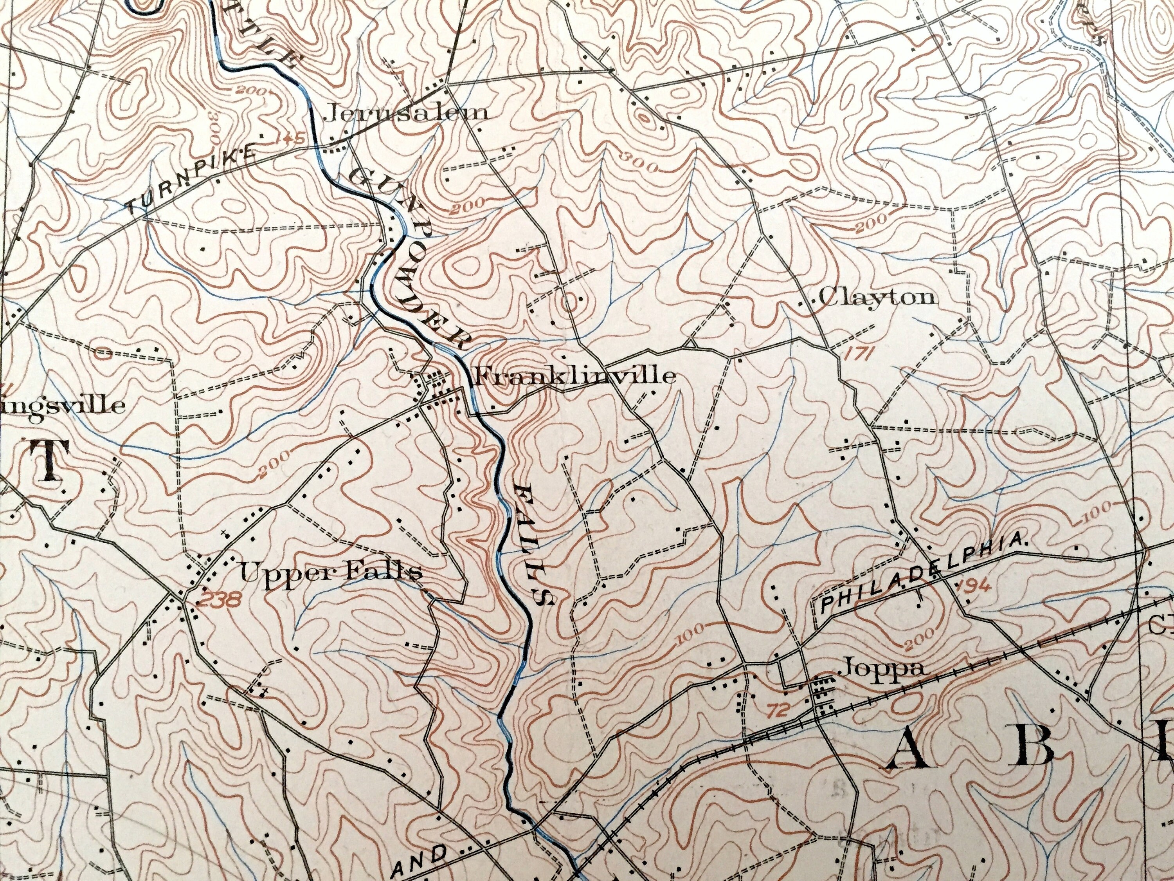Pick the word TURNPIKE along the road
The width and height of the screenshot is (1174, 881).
191,182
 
